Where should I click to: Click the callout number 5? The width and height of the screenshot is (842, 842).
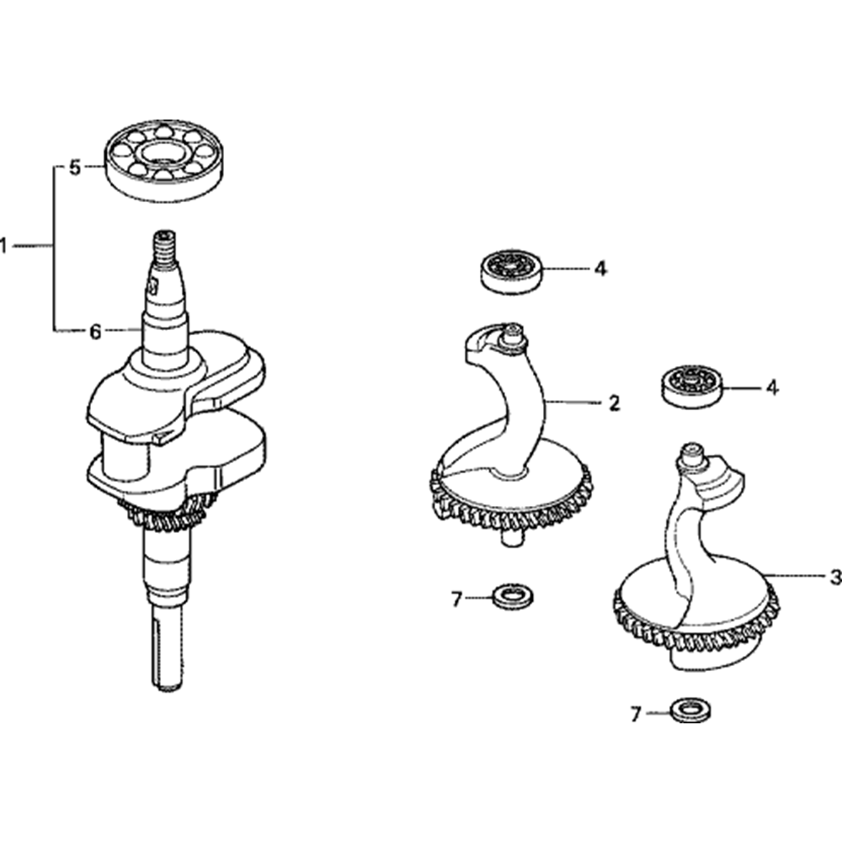[75, 168]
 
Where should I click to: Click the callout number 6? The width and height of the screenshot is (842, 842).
[95, 332]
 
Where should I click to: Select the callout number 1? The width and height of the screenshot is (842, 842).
[3, 247]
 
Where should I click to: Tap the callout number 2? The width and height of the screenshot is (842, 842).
[615, 403]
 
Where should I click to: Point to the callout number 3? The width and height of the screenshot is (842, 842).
[835, 578]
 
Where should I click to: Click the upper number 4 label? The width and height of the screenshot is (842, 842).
[601, 269]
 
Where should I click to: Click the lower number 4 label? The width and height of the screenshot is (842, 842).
[772, 387]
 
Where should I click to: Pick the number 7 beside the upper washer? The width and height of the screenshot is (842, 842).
[457, 600]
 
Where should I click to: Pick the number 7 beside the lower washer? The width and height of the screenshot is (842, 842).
[637, 714]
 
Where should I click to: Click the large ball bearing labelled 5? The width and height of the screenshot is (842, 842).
[163, 160]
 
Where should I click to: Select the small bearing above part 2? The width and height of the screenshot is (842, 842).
[511, 270]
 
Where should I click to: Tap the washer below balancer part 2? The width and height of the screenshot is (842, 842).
[513, 597]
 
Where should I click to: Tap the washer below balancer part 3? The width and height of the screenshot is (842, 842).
[691, 711]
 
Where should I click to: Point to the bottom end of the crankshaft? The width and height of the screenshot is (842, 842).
[167, 682]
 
